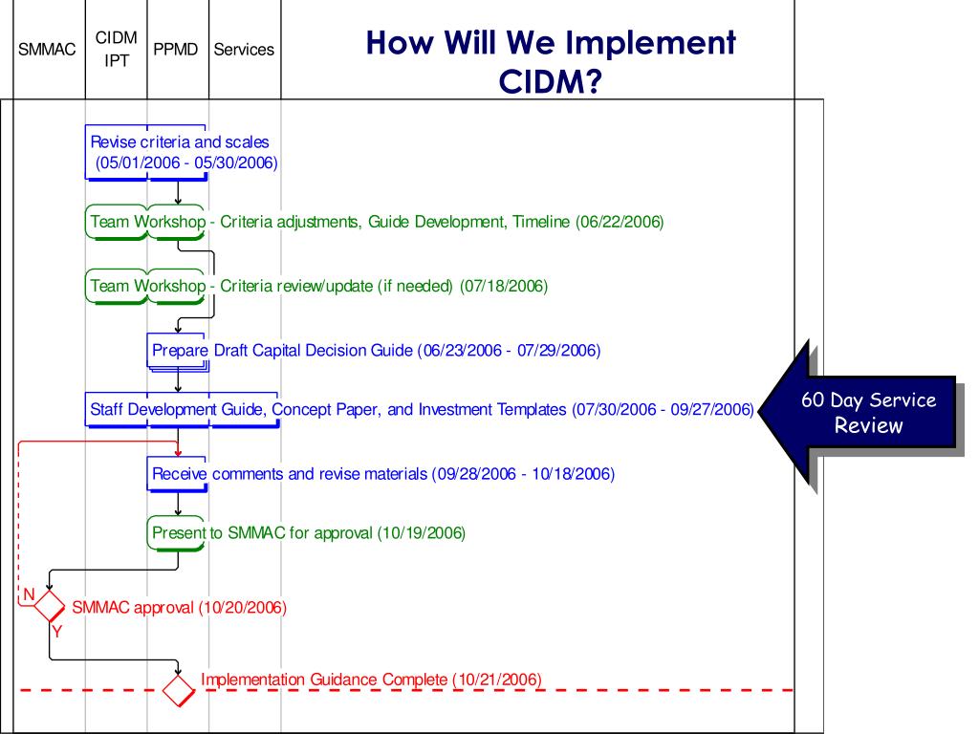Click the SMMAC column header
coord(47,49)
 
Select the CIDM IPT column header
coord(117,48)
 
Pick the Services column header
coord(244,49)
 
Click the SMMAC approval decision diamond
coord(49,605)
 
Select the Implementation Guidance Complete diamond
coord(179,688)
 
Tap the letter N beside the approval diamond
coord(29,594)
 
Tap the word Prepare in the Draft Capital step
coord(180,351)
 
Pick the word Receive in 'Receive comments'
coord(180,474)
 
